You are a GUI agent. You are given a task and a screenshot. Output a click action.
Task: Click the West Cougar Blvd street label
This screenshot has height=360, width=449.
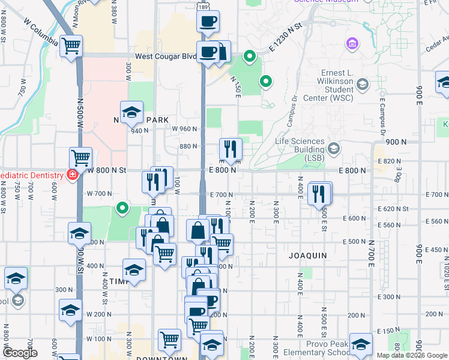(x=166, y=56)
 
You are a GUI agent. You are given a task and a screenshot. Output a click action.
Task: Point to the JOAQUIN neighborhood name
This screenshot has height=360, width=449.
(x=308, y=255)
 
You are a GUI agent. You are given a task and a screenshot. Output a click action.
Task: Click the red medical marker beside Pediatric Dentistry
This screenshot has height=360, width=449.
(x=72, y=175)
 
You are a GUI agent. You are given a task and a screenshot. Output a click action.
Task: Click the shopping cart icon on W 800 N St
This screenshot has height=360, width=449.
(x=80, y=158)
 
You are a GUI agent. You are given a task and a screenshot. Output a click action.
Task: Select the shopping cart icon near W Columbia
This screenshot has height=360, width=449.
(x=71, y=45)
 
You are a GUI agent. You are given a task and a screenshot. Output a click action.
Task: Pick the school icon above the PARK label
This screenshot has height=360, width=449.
(x=131, y=111)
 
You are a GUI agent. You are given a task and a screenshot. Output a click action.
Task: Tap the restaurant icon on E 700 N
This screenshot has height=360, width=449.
(x=319, y=193)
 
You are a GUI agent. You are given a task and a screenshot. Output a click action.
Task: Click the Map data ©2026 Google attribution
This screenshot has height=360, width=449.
(x=412, y=355)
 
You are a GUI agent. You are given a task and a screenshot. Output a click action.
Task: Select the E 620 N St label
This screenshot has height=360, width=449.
(x=394, y=209)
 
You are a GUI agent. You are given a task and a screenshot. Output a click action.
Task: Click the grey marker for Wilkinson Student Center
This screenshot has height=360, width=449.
(x=362, y=85)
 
